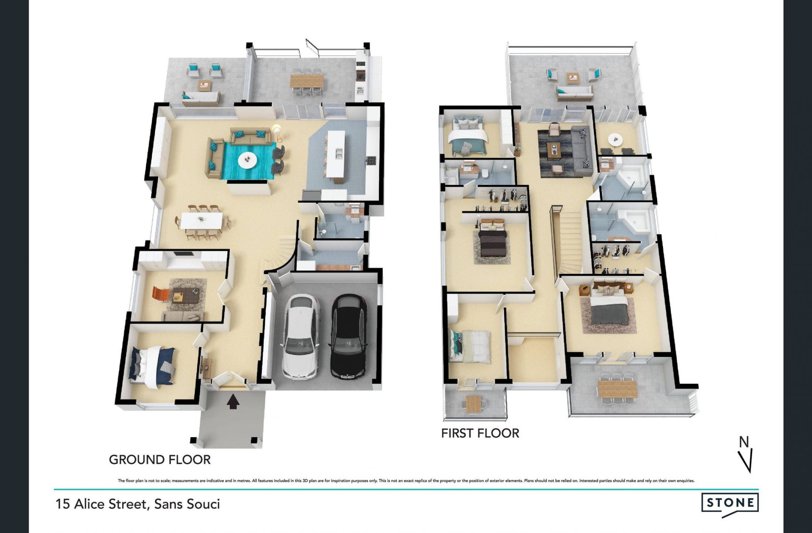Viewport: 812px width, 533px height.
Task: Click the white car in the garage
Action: (x=300, y=336)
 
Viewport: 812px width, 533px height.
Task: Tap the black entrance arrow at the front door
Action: (x=233, y=402)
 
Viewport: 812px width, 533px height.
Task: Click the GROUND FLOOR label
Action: (x=160, y=460)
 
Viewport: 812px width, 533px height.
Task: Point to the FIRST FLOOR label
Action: (x=480, y=433)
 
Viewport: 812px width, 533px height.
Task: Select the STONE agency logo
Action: (x=730, y=505)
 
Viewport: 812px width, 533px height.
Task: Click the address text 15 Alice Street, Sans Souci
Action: (x=138, y=504)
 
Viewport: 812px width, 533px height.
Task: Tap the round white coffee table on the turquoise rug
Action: (x=247, y=160)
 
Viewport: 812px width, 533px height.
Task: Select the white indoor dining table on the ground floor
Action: (x=202, y=220)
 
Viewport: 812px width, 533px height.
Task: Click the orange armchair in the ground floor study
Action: (x=160, y=294)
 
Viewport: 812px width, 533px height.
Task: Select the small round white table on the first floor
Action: (x=613, y=138)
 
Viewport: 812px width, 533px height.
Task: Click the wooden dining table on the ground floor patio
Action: (x=307, y=80)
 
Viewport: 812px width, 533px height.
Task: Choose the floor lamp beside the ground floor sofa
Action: (x=277, y=131)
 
